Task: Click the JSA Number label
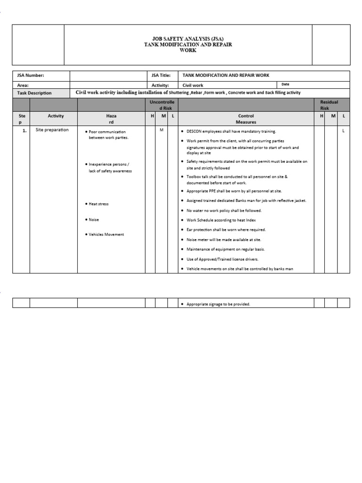30,75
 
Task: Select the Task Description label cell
34,93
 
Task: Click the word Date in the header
285,84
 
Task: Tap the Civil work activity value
193,85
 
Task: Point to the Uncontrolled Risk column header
161,105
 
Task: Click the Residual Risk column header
329,105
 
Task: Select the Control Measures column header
246,119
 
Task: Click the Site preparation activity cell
52,130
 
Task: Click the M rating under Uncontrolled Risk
161,130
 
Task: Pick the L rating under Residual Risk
343,131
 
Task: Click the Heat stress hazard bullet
99,204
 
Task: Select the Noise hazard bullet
94,219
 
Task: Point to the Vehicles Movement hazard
106,234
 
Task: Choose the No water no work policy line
224,211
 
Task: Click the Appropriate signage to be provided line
218,304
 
